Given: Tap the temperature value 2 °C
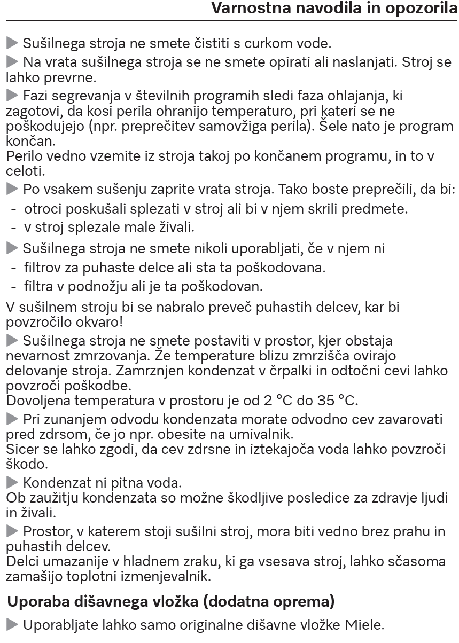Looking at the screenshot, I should pyautogui.click(x=285, y=400).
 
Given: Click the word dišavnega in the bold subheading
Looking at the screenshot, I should pyautogui.click(x=113, y=601).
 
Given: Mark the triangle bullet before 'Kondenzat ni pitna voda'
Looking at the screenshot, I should pyautogui.click(x=12, y=483).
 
